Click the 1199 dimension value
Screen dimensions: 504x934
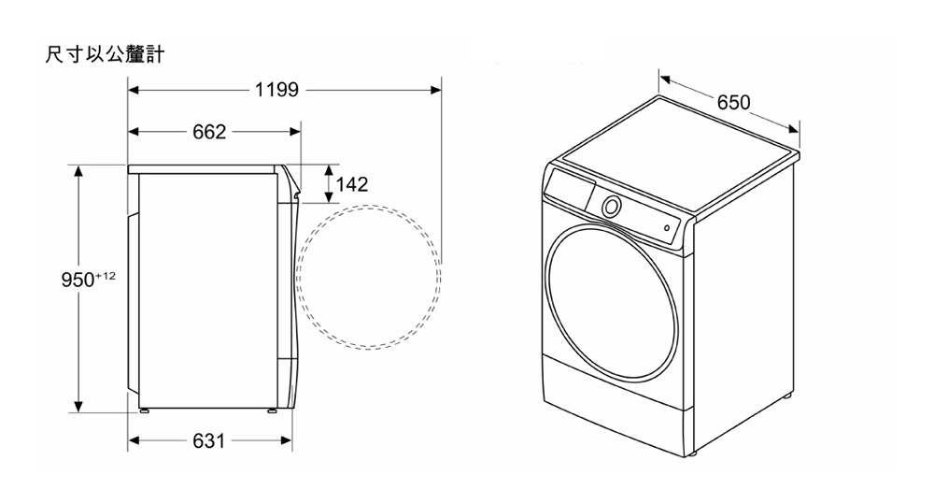click(x=276, y=90)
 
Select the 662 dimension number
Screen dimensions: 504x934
click(x=209, y=132)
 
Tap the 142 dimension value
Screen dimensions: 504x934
click(x=352, y=184)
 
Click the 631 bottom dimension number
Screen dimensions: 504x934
click(x=208, y=440)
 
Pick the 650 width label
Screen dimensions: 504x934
click(x=733, y=102)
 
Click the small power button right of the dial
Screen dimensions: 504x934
click(x=667, y=227)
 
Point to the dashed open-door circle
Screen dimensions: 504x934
click(x=368, y=278)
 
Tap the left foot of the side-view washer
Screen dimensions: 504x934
click(x=144, y=410)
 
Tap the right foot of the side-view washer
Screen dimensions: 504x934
click(x=270, y=410)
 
